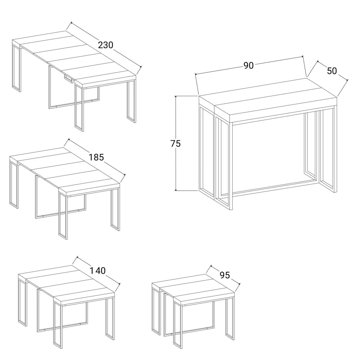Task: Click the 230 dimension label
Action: tap(105, 45)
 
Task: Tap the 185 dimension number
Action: tap(96, 157)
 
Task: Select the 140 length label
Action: tap(97, 271)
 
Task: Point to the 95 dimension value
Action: tap(225, 275)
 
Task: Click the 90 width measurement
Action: tap(248, 66)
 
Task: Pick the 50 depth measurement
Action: tap(332, 71)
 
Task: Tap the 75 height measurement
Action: tap(176, 144)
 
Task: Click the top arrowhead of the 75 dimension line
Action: tap(176, 97)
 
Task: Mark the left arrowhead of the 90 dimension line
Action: tap(196, 74)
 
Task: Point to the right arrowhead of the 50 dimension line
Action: tap(347, 80)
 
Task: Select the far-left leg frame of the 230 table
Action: tap(17, 68)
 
